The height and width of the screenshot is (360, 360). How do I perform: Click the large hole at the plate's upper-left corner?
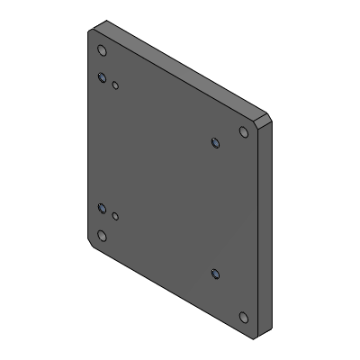102,50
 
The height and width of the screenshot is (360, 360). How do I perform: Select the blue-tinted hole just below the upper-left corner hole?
103,76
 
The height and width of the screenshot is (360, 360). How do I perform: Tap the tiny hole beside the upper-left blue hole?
116,85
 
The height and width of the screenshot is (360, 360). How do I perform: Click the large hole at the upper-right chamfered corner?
242,132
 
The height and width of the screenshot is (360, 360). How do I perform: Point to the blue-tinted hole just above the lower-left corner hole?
103,209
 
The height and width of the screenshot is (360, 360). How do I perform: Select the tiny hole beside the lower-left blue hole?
115,216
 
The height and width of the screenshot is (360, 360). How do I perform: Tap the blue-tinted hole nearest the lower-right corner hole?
214,273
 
